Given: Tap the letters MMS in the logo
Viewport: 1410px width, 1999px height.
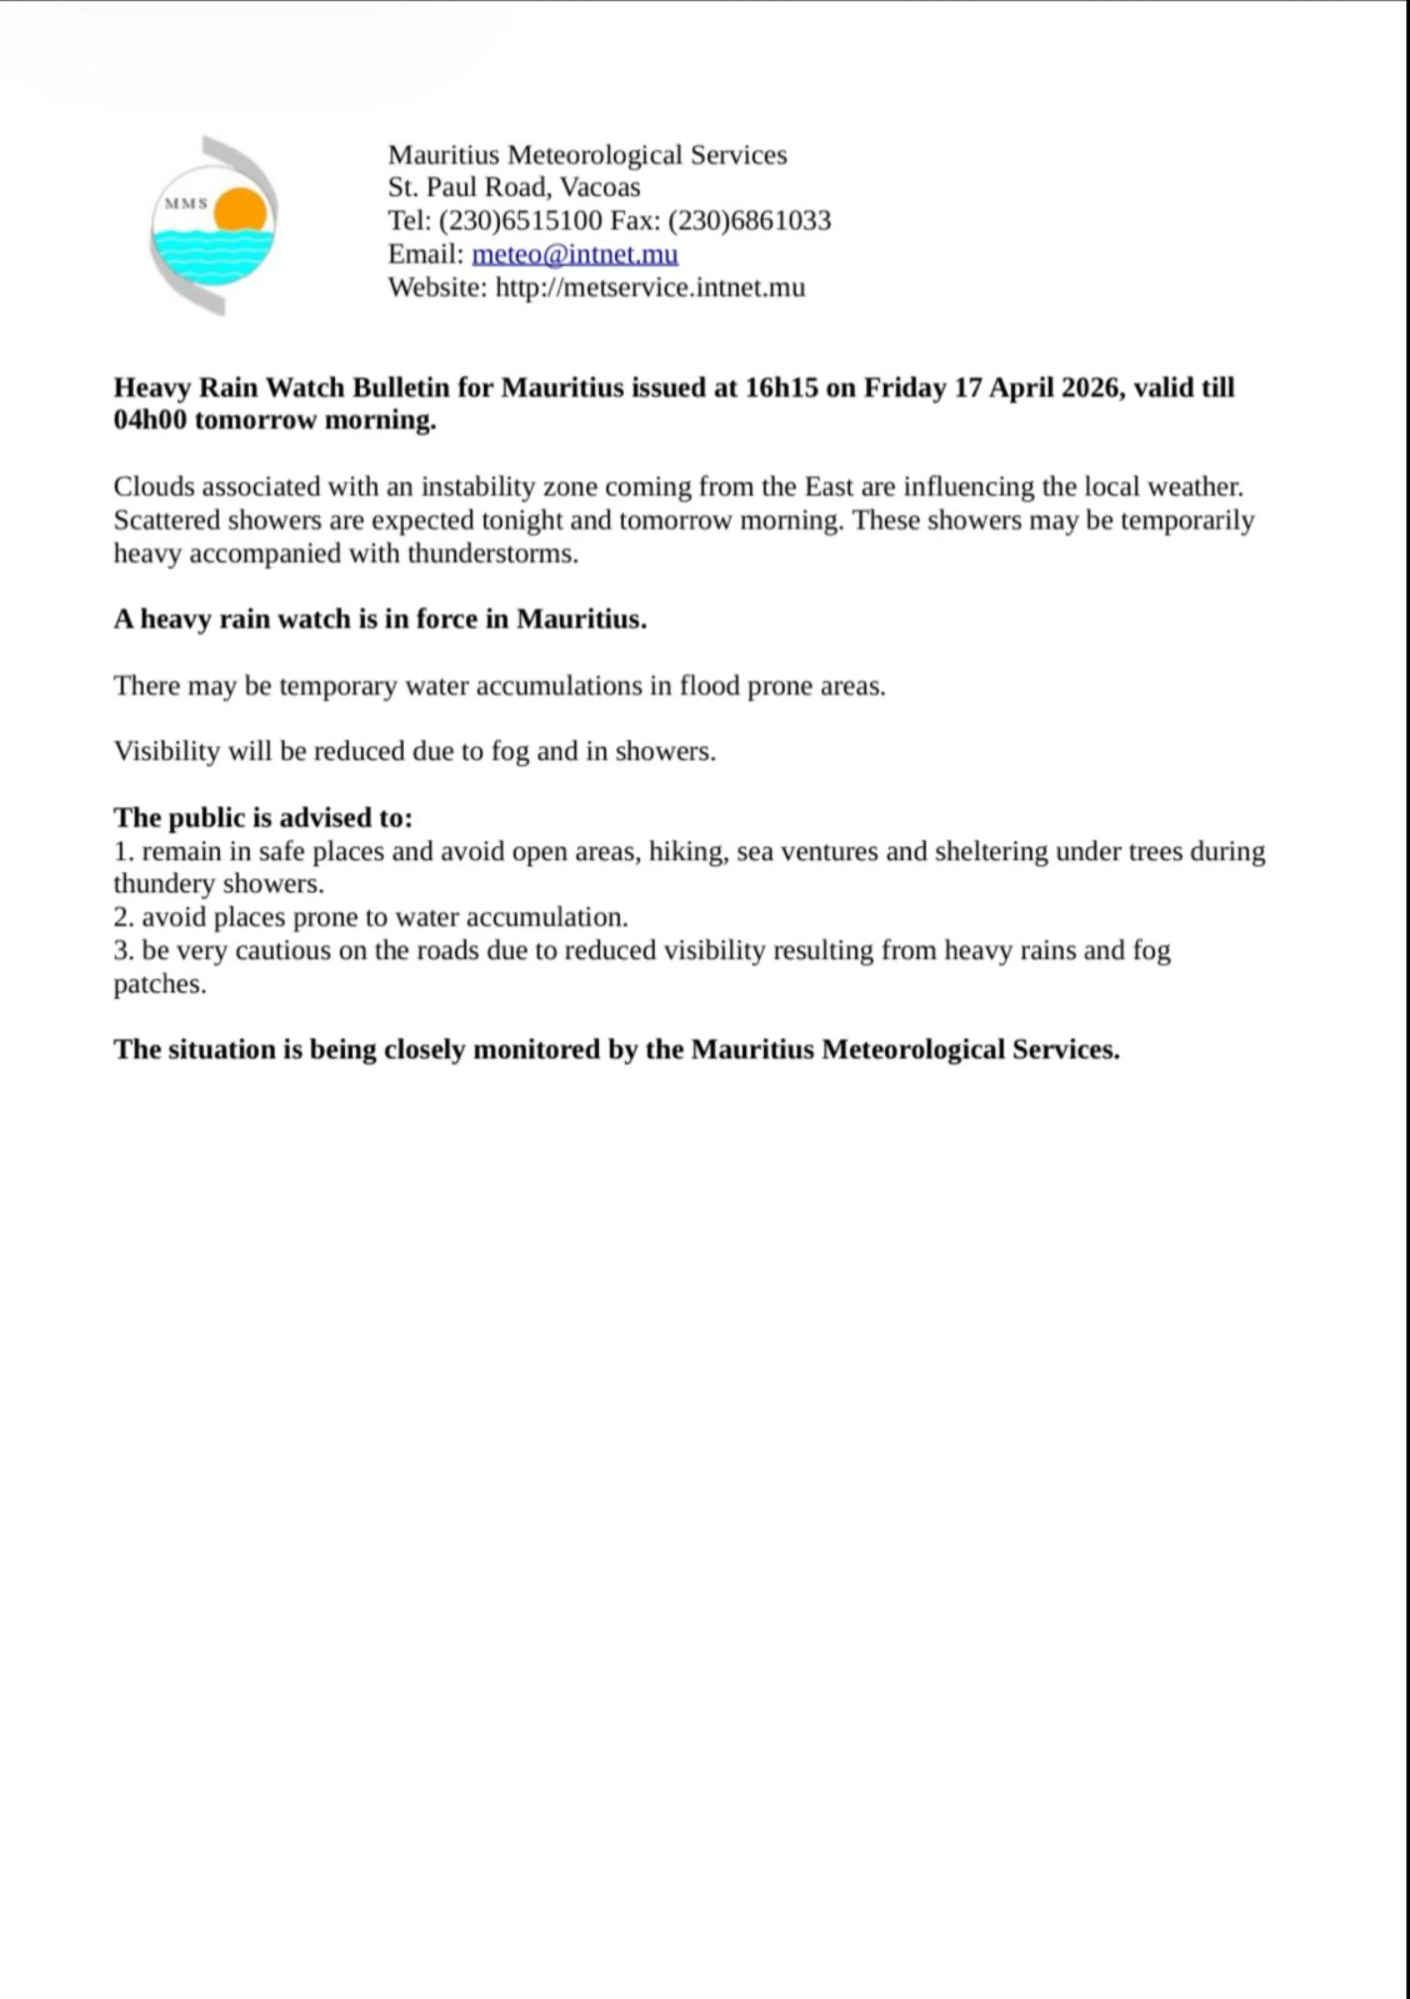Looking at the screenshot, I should [x=185, y=204].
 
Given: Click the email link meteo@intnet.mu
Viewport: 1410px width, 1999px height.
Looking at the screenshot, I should [x=575, y=254].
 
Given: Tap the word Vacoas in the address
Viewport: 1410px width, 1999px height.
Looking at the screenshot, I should [x=600, y=188].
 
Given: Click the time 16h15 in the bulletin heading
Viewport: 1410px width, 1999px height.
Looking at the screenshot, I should [x=781, y=387].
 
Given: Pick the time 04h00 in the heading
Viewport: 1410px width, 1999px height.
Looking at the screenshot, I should [x=150, y=420].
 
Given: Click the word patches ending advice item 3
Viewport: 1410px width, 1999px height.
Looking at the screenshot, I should [x=159, y=985].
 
